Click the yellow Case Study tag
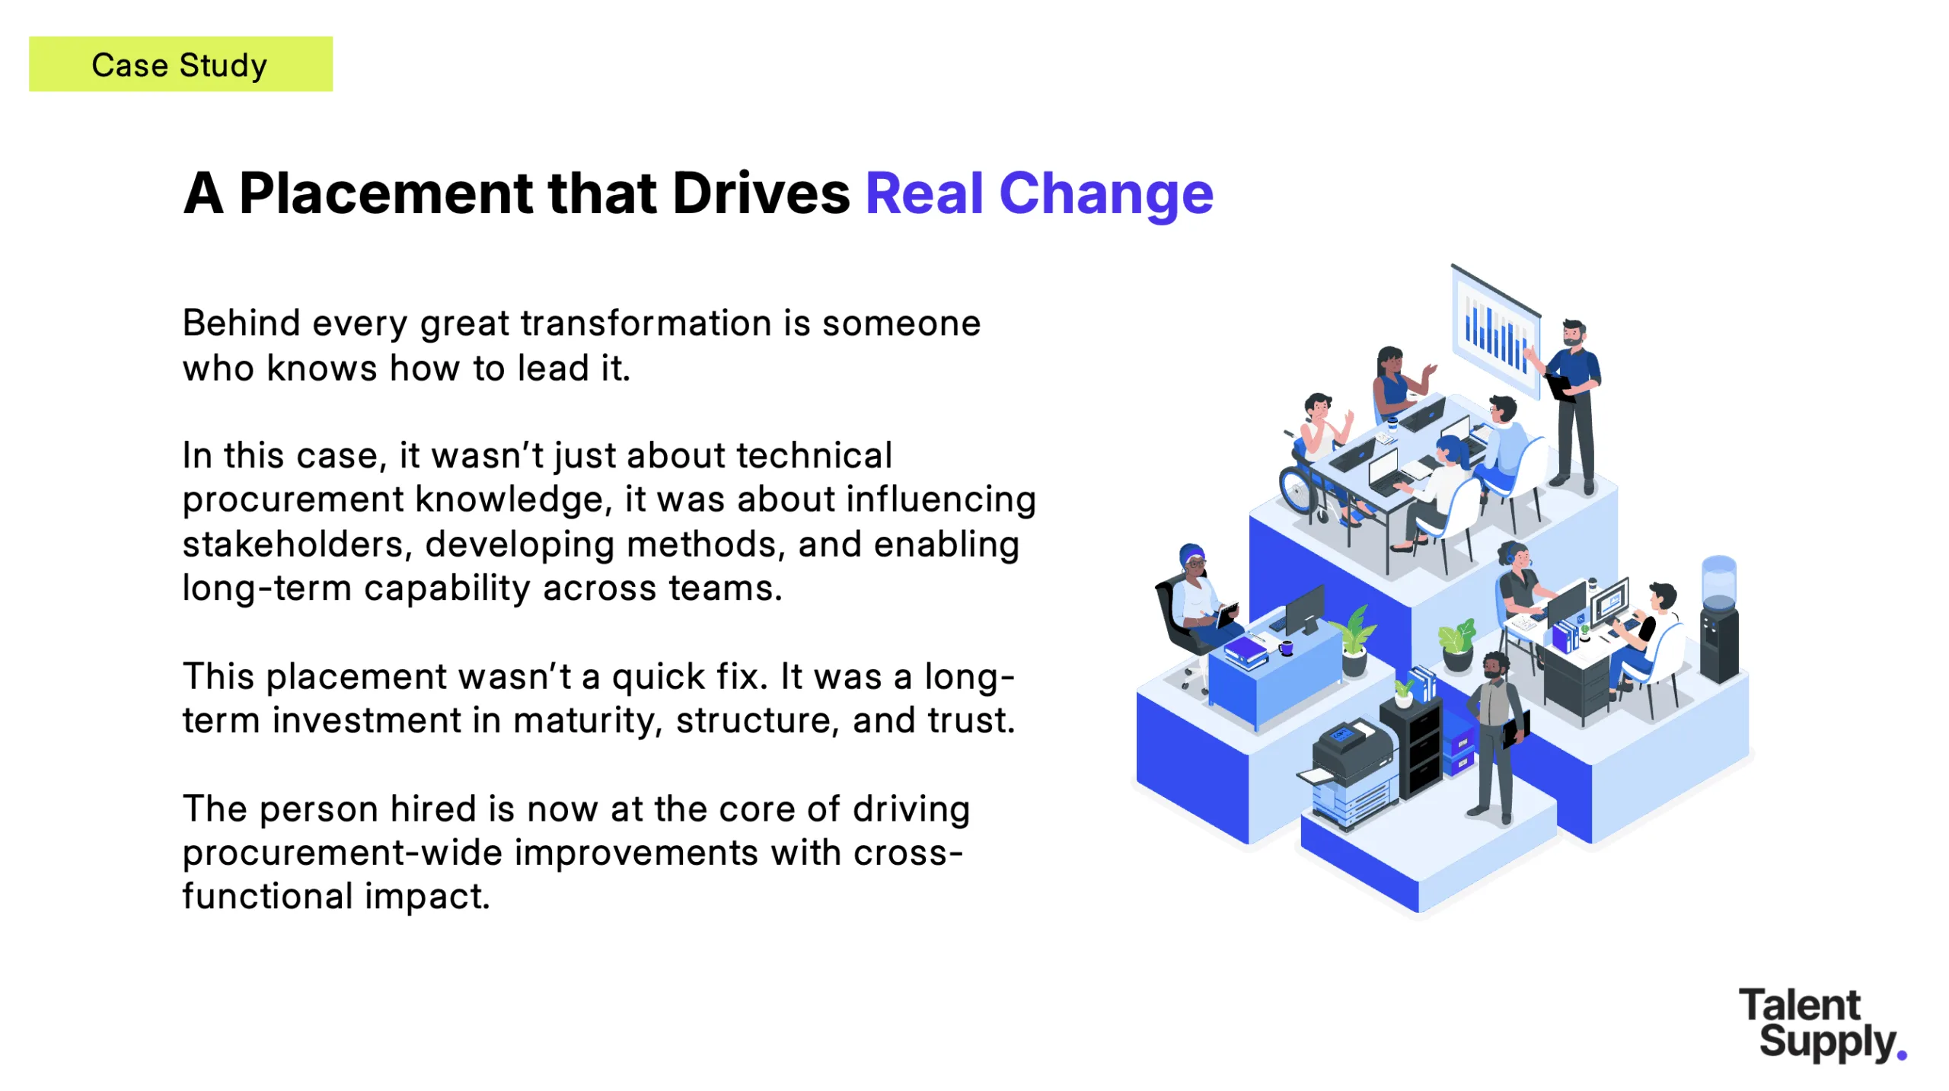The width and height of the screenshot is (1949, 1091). (180, 64)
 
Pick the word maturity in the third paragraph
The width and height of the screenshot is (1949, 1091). (585, 721)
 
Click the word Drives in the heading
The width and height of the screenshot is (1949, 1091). (761, 193)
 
